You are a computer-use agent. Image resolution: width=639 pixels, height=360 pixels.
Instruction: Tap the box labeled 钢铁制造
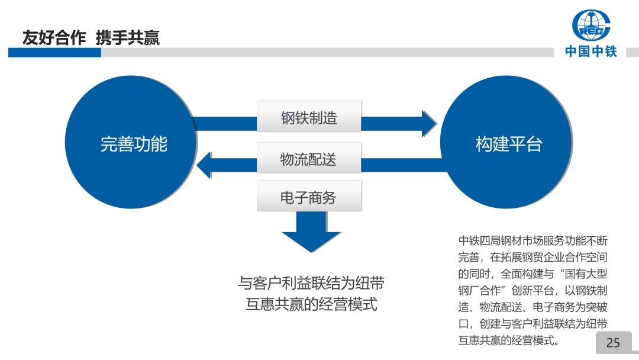point(308,117)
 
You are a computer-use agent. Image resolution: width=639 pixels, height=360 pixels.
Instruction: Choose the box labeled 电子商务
point(308,197)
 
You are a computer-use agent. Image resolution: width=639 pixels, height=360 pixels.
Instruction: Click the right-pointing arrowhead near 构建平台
point(428,123)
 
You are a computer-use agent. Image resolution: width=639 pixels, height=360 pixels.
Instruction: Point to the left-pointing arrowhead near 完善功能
point(204,164)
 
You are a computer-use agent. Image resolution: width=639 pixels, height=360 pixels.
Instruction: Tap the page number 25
point(613,342)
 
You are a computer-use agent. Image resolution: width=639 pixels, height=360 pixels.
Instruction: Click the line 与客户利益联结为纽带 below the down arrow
point(311,282)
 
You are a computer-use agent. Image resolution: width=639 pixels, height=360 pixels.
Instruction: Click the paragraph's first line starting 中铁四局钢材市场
point(532,241)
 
